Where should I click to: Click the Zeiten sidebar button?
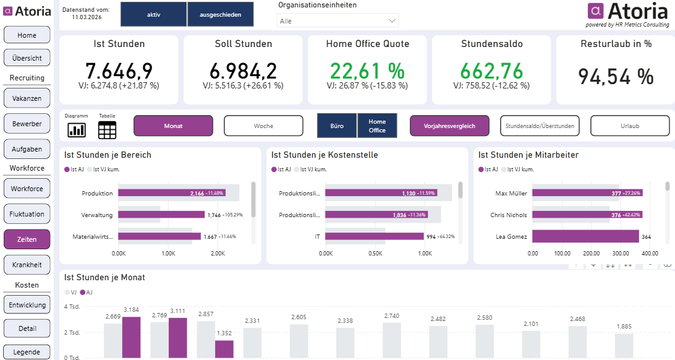point(27,239)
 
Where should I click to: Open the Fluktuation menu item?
point(27,214)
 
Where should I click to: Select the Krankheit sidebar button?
point(27,265)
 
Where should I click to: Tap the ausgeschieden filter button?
point(220,14)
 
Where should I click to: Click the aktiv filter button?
point(153,14)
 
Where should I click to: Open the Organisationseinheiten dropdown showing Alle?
point(337,21)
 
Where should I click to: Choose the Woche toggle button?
point(263,126)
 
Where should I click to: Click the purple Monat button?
point(173,126)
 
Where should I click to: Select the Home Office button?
point(377,126)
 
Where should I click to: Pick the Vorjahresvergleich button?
point(449,126)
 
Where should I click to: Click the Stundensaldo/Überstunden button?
point(540,126)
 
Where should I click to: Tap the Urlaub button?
point(630,126)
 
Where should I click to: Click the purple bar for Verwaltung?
point(161,215)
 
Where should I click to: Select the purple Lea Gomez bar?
point(585,236)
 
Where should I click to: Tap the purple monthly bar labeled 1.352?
point(224,348)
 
